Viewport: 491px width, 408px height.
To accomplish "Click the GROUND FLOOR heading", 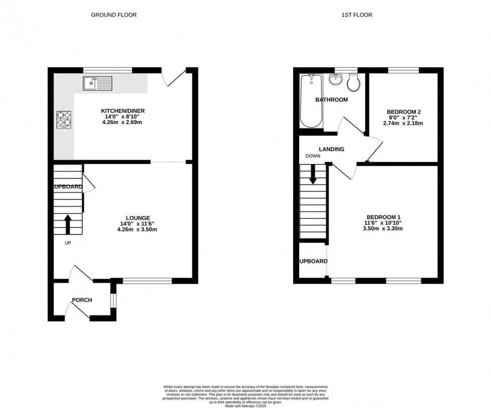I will tap(114, 15).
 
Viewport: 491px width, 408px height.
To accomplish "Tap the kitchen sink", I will tap(98, 83).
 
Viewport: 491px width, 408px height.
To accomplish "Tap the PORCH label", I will tap(82, 300).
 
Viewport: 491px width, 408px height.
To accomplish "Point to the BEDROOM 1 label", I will tap(383, 217).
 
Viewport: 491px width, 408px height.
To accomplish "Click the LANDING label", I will tap(332, 149).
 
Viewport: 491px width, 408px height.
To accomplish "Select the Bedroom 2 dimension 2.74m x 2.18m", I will tap(403, 123).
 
